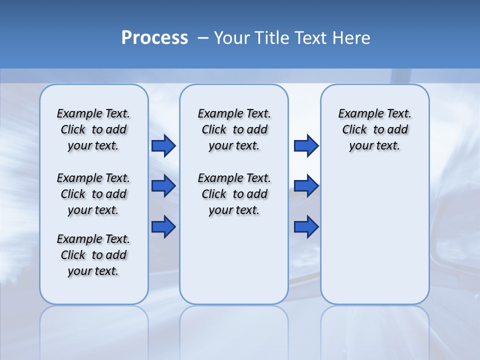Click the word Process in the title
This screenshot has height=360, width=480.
pos(154,38)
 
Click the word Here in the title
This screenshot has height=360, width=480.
pos(352,38)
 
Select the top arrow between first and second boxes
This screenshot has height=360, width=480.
pos(163,145)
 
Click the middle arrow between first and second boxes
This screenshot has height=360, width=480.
pos(163,186)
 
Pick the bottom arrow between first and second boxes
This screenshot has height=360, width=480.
pos(163,226)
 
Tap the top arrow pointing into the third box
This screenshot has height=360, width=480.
pos(306,145)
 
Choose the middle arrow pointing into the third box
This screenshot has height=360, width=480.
pos(306,186)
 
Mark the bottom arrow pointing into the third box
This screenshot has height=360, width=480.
pos(306,226)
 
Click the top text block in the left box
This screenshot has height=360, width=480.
pos(93,129)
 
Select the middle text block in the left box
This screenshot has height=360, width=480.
pos(93,194)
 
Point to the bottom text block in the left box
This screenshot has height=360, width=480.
pos(93,255)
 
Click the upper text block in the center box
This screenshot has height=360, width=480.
pos(234,129)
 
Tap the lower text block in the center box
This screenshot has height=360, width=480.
pos(234,194)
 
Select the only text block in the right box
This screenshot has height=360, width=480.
pos(374,129)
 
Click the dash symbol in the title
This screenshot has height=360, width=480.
pos(203,38)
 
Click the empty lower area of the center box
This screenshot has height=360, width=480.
pos(234,260)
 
